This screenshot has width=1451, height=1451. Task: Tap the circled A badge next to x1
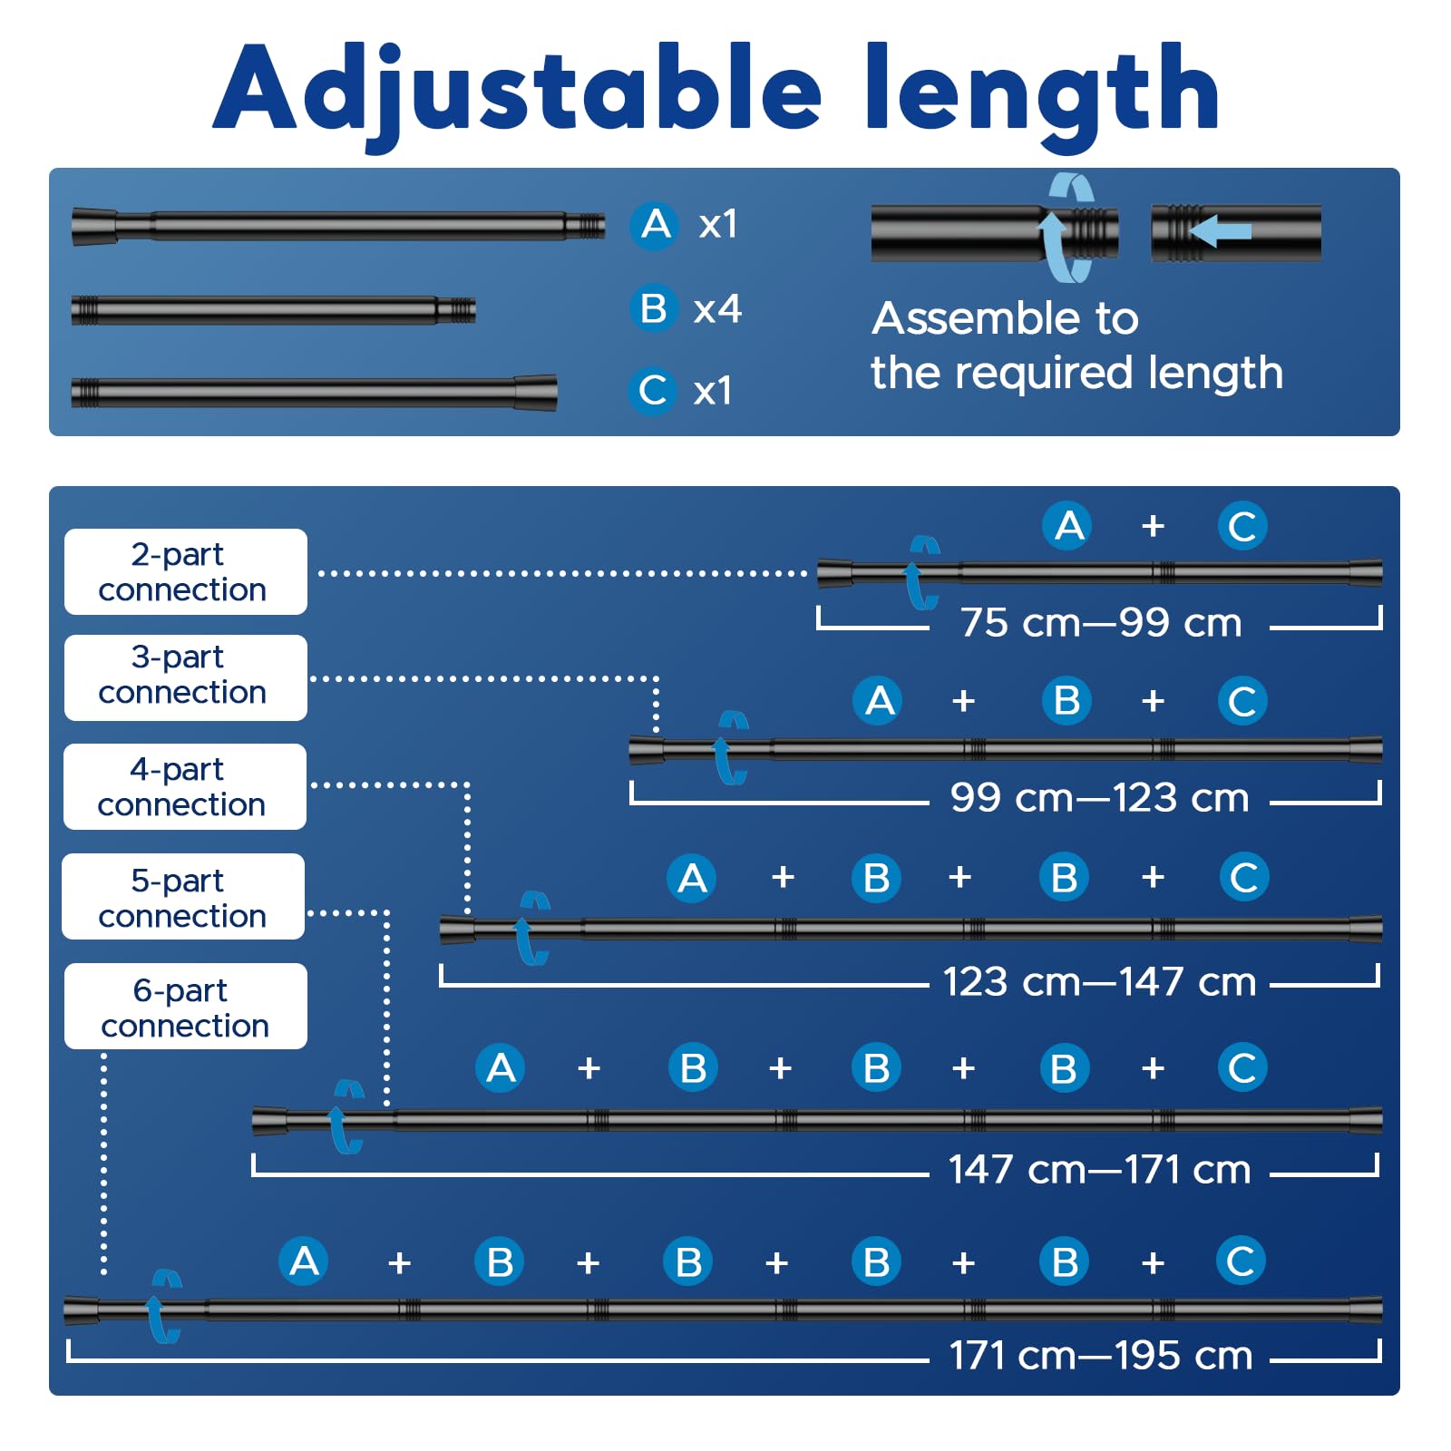click(655, 224)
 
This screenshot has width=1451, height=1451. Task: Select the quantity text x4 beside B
click(717, 309)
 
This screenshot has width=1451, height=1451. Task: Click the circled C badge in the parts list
click(652, 391)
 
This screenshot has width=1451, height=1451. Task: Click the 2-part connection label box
click(186, 571)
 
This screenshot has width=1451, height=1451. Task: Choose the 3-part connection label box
click(186, 677)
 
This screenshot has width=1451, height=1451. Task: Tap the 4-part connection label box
click(185, 786)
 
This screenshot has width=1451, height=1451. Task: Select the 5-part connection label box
click(183, 896)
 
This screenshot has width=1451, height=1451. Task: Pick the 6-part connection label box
click(186, 1006)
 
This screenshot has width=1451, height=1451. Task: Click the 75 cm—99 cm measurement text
click(1101, 623)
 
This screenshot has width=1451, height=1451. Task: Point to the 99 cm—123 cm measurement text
click(1099, 798)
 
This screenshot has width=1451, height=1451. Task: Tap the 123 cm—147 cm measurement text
click(1099, 982)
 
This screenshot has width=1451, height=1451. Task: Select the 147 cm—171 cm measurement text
click(1099, 1170)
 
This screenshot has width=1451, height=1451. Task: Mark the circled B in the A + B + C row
click(1066, 700)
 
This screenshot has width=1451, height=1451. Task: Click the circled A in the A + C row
click(1068, 525)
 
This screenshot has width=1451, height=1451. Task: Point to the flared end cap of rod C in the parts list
click(535, 393)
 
